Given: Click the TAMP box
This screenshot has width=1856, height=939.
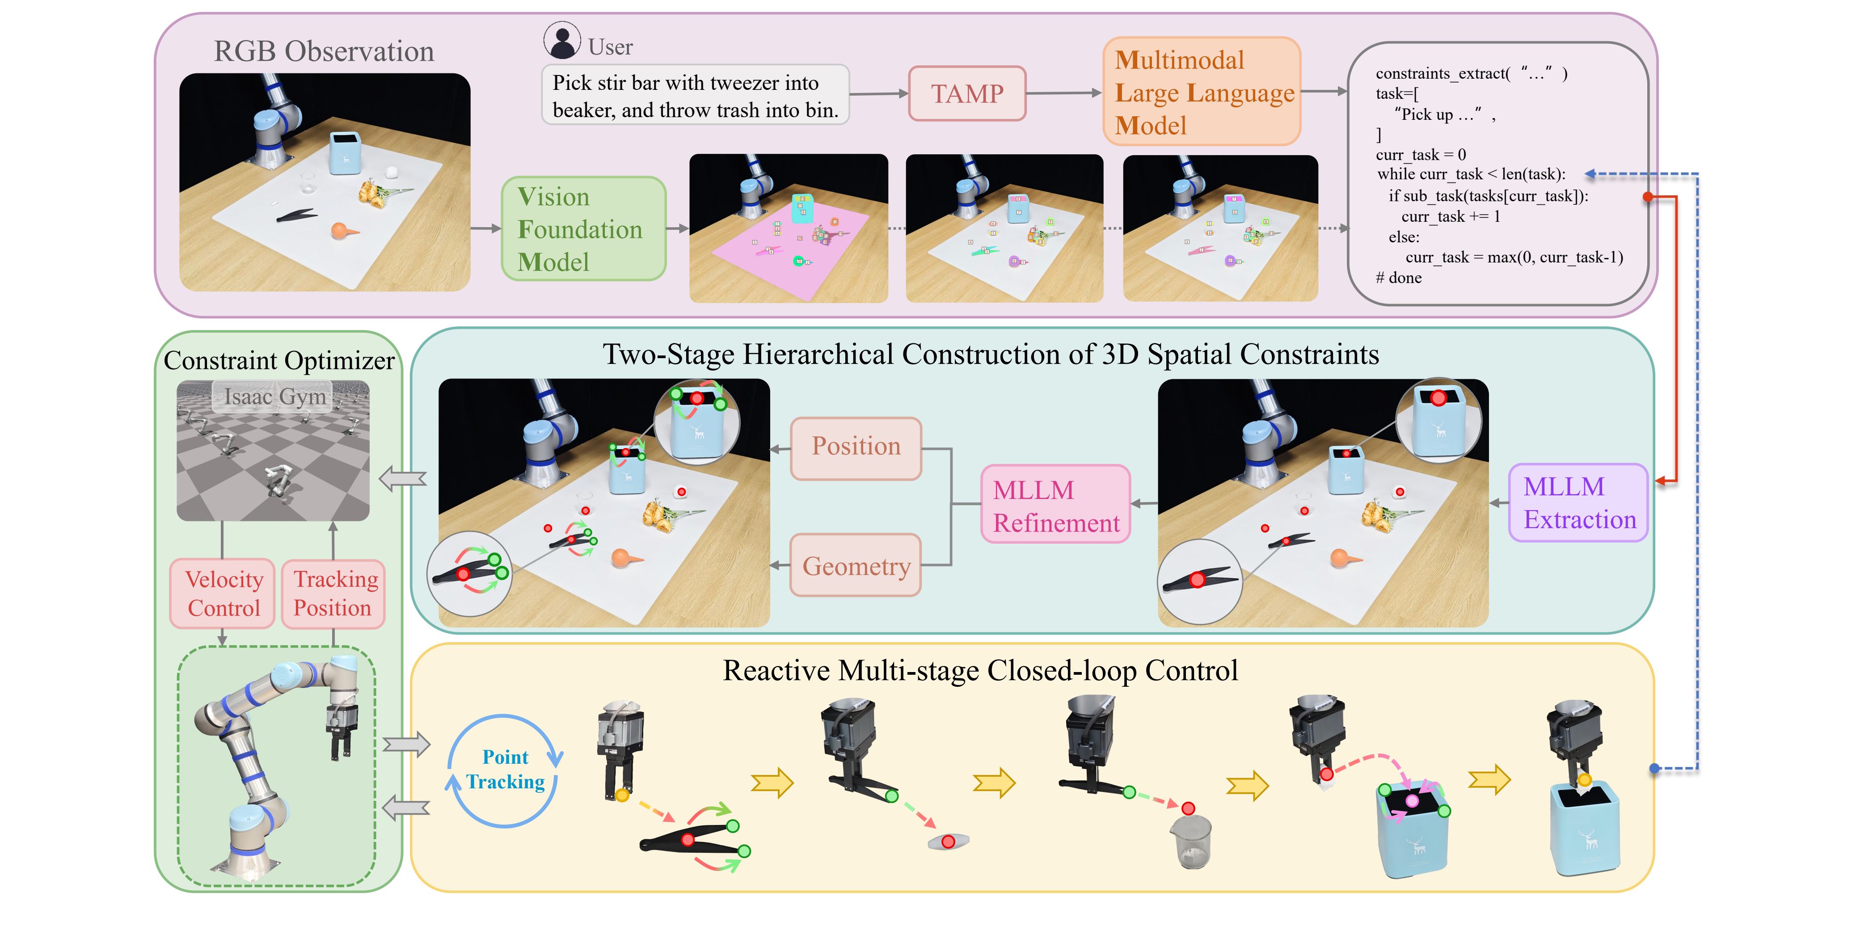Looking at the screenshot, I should point(966,94).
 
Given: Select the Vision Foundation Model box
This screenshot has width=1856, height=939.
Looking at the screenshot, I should point(582,228).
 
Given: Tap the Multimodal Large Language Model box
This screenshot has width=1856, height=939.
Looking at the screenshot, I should point(1201,92).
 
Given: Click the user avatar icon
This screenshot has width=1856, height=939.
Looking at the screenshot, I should point(561,40).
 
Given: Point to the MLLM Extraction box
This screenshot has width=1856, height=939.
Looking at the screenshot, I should point(1578,503).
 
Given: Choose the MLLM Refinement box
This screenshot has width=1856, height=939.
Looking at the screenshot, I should point(1055,504).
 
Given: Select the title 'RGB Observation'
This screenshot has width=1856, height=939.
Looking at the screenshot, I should point(324,51).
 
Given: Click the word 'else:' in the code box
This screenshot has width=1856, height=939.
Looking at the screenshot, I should point(1404,237).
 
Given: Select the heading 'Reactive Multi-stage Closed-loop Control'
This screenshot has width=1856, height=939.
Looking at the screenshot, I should point(980,670).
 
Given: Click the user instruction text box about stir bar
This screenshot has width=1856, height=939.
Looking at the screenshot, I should point(695,96).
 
